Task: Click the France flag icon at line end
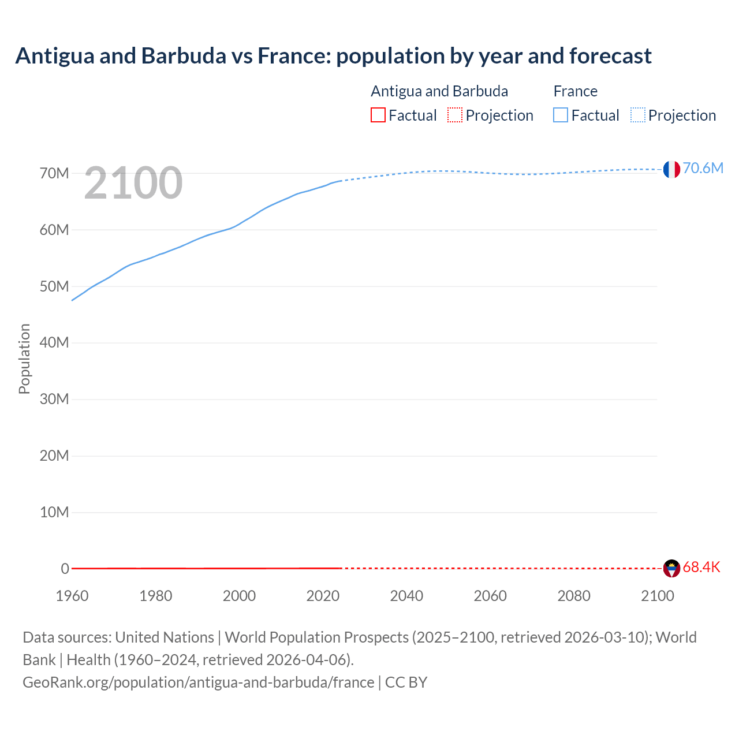pos(671,169)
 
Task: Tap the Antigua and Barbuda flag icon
pos(671,568)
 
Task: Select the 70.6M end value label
pos(703,168)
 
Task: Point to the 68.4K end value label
pos(701,567)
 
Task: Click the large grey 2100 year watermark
pos(133,183)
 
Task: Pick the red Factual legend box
pos(378,115)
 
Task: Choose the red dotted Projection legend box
pos(455,115)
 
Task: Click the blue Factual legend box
pos(561,115)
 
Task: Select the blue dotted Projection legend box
pos(638,115)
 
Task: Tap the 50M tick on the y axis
pos(54,286)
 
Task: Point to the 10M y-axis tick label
pos(54,512)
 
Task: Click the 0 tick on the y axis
pos(65,569)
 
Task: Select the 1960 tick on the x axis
pos(72,596)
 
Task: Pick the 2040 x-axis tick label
pos(406,596)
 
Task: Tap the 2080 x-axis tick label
pos(574,596)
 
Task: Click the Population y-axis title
pos(24,359)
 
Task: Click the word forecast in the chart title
pos(610,56)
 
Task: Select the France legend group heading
pos(575,91)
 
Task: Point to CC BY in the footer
pos(406,682)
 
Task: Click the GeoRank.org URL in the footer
pos(198,682)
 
